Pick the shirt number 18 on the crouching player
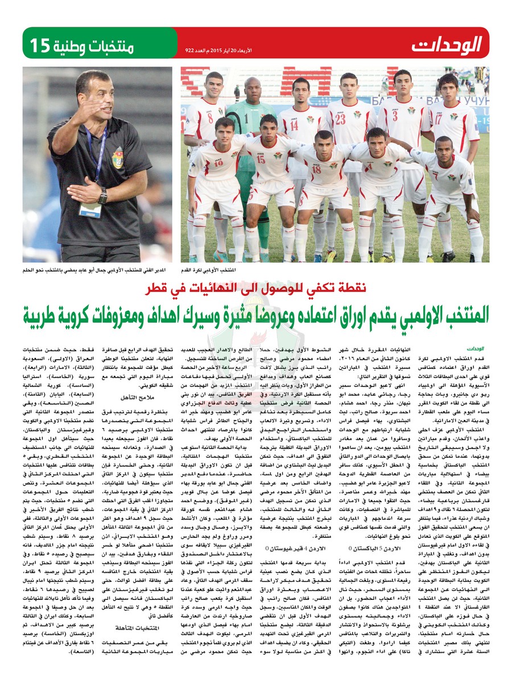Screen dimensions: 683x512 pos(316,169)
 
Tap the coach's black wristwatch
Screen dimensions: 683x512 pos(103,195)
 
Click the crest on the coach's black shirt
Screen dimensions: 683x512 pos(118,155)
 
